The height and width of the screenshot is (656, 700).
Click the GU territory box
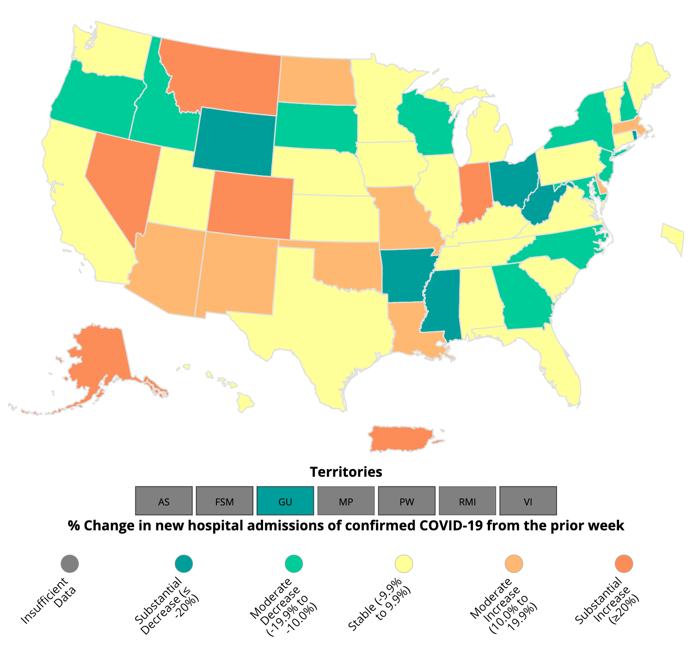click(x=285, y=501)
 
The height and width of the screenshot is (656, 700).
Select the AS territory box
click(x=164, y=501)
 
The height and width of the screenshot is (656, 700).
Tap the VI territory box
click(x=528, y=501)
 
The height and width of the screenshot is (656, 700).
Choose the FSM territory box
click(x=225, y=501)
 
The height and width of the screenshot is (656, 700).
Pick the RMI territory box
click(x=467, y=501)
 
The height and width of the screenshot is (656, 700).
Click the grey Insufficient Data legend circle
click(x=70, y=564)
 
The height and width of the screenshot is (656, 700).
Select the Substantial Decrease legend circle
click(x=184, y=564)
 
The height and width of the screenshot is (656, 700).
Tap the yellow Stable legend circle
click(x=404, y=564)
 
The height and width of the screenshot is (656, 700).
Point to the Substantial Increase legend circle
click(x=624, y=564)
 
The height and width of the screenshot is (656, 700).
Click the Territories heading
click(x=346, y=472)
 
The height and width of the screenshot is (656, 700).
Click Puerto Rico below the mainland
click(x=400, y=439)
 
